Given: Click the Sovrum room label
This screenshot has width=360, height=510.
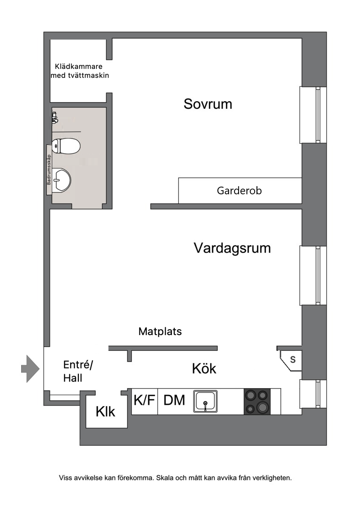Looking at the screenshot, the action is [x=207, y=104].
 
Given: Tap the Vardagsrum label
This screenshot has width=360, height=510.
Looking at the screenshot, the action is [x=232, y=248].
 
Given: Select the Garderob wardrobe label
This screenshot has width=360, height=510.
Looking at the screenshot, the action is [x=239, y=190].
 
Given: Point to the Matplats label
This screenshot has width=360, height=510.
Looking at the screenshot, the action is [x=160, y=331].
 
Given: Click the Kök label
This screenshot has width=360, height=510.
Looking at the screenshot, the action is [x=204, y=368].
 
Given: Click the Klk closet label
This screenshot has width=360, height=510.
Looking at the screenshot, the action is [x=105, y=412].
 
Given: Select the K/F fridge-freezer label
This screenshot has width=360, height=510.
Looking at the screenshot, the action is [x=144, y=400].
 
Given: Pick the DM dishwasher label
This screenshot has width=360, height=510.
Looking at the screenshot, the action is [x=174, y=400].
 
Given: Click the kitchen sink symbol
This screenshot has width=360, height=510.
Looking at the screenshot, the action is [x=205, y=401].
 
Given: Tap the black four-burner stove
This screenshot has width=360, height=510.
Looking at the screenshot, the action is [x=257, y=401].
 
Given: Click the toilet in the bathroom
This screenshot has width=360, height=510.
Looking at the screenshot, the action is [x=66, y=146].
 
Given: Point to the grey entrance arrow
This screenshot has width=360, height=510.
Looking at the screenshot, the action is [x=31, y=369].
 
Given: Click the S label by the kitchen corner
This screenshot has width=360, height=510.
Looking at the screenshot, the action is [x=293, y=360].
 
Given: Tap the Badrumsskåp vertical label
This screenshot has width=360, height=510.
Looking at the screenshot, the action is [x=49, y=170].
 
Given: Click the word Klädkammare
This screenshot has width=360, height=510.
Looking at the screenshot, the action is [x=78, y=67].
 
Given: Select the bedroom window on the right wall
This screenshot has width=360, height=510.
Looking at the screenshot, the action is [x=313, y=115].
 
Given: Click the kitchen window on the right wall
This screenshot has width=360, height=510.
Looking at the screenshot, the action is [x=313, y=394].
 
